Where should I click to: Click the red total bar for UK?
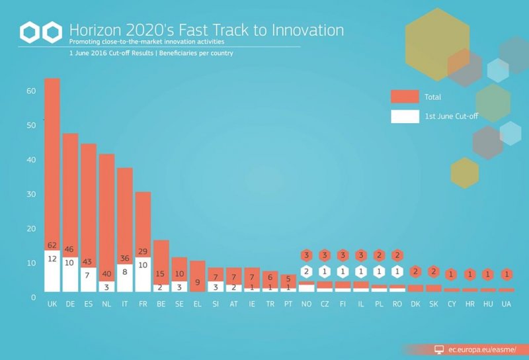tap(52, 164)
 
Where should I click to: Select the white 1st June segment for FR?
tap(143, 274)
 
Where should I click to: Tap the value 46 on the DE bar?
tap(69, 249)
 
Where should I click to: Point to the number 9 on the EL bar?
tap(197, 282)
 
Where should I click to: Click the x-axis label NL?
tap(106, 304)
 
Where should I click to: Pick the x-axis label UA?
tap(507, 304)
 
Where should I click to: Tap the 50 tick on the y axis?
tap(31, 125)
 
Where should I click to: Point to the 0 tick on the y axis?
tap(34, 298)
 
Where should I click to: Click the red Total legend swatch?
tap(405, 97)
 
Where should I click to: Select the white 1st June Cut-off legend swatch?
tap(405, 116)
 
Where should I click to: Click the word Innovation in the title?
tap(307, 30)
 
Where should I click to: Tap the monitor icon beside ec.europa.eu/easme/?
tap(439, 350)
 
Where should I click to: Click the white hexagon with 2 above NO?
tap(306, 271)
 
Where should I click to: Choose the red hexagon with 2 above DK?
tap(415, 271)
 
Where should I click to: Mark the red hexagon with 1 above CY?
tap(452, 275)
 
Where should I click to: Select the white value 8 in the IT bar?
tap(125, 271)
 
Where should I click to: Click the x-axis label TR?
tap(270, 304)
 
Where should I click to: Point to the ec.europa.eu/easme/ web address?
tap(482, 350)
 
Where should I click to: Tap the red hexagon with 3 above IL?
tap(361, 255)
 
